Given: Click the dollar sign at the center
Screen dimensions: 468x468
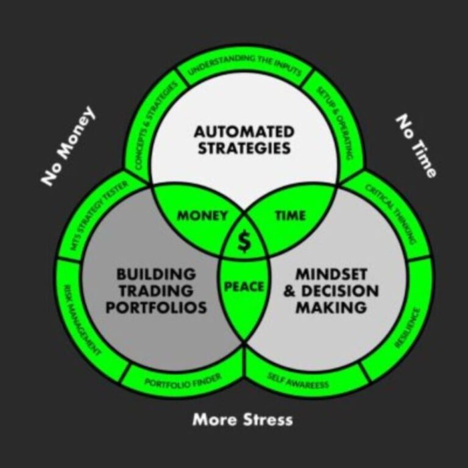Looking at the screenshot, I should (244, 241).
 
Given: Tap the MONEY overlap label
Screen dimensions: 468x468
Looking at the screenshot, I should (202, 216).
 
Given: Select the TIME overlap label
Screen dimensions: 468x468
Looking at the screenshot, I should (290, 216).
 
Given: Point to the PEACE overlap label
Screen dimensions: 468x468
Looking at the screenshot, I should (244, 286).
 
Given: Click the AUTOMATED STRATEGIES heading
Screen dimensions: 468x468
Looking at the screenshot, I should (244, 140).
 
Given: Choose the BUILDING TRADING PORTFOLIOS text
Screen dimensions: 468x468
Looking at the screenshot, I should (156, 291).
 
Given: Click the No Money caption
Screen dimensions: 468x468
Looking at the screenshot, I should (68, 145).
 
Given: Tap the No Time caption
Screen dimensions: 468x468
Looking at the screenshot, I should (417, 146).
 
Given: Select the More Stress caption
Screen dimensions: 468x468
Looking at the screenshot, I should (243, 419).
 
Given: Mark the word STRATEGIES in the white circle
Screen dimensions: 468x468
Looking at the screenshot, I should (244, 148).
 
